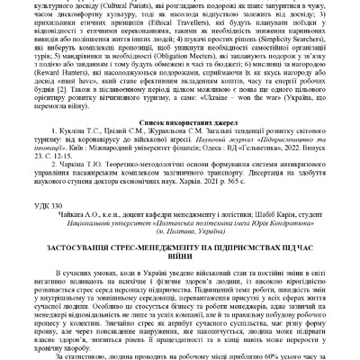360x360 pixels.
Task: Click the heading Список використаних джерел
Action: coord(179,167)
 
